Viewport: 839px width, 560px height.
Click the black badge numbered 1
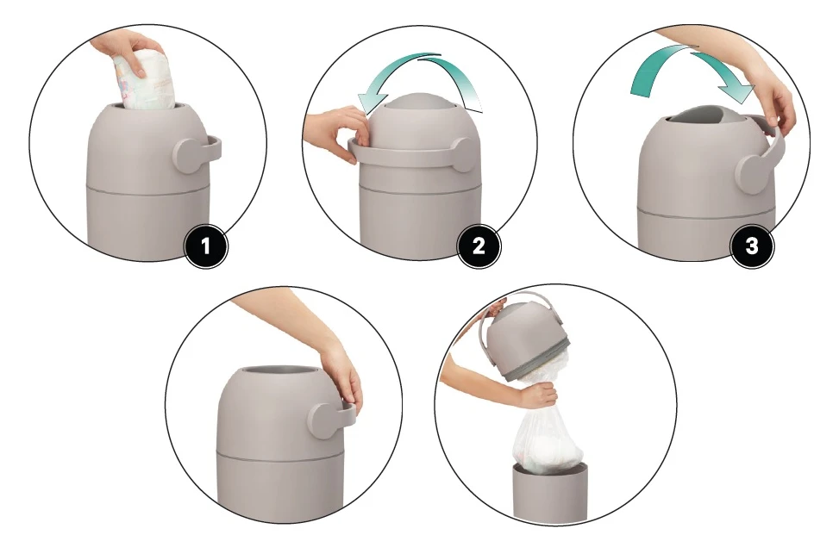click(x=205, y=247)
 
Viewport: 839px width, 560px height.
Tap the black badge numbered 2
click(x=479, y=247)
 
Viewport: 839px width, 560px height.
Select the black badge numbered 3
click(x=752, y=247)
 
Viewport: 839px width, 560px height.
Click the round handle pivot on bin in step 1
click(x=188, y=152)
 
